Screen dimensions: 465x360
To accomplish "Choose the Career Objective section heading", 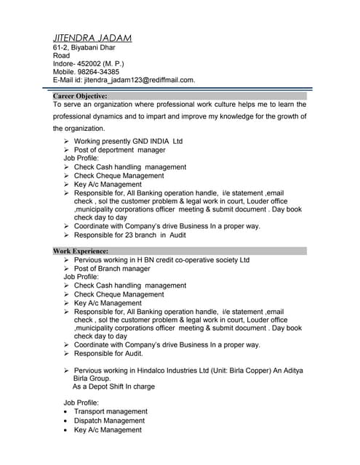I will (x=80, y=95).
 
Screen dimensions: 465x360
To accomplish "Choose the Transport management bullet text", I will (x=111, y=411).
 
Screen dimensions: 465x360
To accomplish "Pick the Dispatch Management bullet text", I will (x=109, y=421).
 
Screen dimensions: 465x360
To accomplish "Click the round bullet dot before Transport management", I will (x=66, y=412).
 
